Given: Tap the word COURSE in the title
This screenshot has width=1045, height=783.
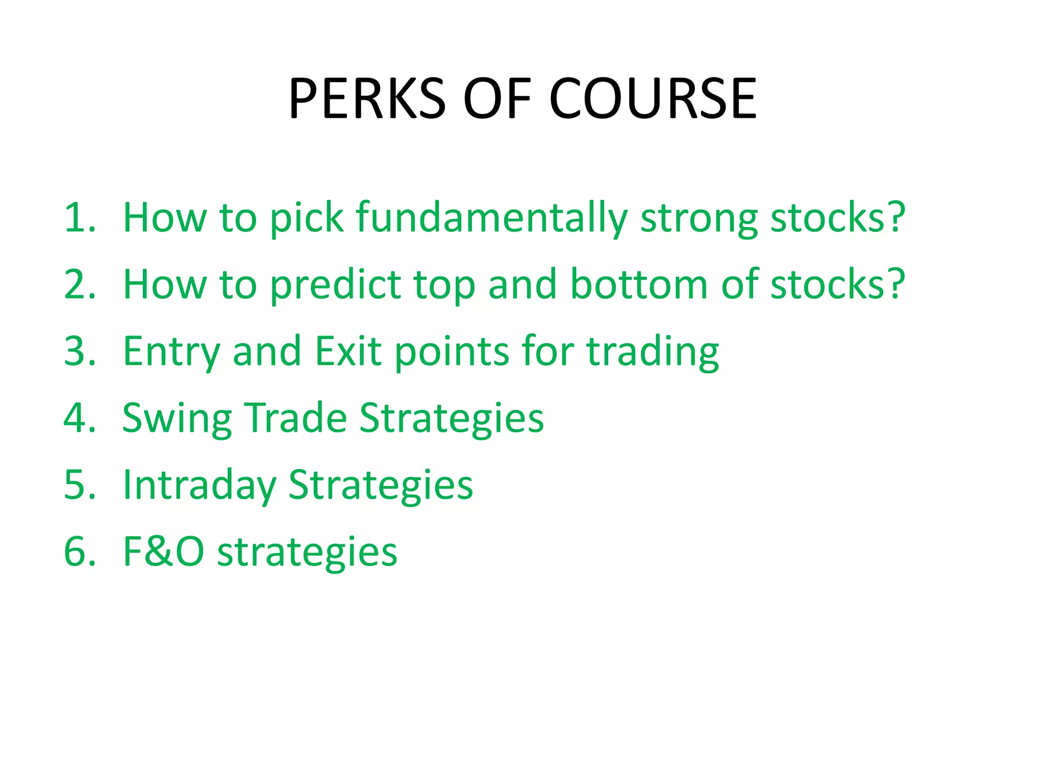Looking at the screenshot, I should (653, 98).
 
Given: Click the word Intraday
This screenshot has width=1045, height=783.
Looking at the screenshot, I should (200, 486).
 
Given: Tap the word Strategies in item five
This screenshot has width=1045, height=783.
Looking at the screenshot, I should (381, 486).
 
